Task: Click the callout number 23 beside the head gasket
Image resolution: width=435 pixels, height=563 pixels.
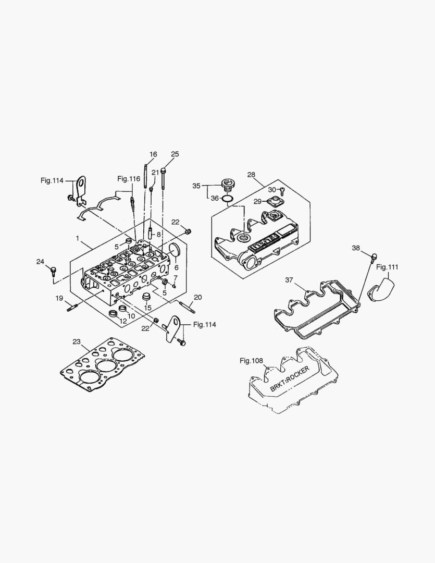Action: (x=77, y=342)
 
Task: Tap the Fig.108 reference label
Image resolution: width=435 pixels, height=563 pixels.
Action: (x=252, y=360)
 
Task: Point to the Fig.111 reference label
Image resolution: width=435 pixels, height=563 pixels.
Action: (x=387, y=267)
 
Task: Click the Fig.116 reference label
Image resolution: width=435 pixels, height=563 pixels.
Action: (x=129, y=179)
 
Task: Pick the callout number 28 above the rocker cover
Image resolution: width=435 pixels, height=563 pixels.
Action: (x=251, y=175)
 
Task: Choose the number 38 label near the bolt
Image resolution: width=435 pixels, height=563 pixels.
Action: (x=356, y=248)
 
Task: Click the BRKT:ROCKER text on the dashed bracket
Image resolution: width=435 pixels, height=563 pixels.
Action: (x=290, y=378)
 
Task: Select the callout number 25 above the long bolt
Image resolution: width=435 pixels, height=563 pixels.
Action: (x=175, y=154)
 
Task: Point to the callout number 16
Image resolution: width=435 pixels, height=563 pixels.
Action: (x=153, y=154)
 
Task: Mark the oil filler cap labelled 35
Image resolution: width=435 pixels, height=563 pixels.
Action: (x=228, y=184)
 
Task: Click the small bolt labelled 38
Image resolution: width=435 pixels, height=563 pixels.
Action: (x=374, y=256)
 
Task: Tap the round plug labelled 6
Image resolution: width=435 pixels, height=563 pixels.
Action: (x=175, y=251)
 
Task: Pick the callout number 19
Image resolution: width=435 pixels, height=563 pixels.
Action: (x=60, y=298)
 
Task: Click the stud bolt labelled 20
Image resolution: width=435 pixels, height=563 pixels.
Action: (x=187, y=308)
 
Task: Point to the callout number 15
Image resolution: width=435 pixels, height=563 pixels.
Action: (x=147, y=308)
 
